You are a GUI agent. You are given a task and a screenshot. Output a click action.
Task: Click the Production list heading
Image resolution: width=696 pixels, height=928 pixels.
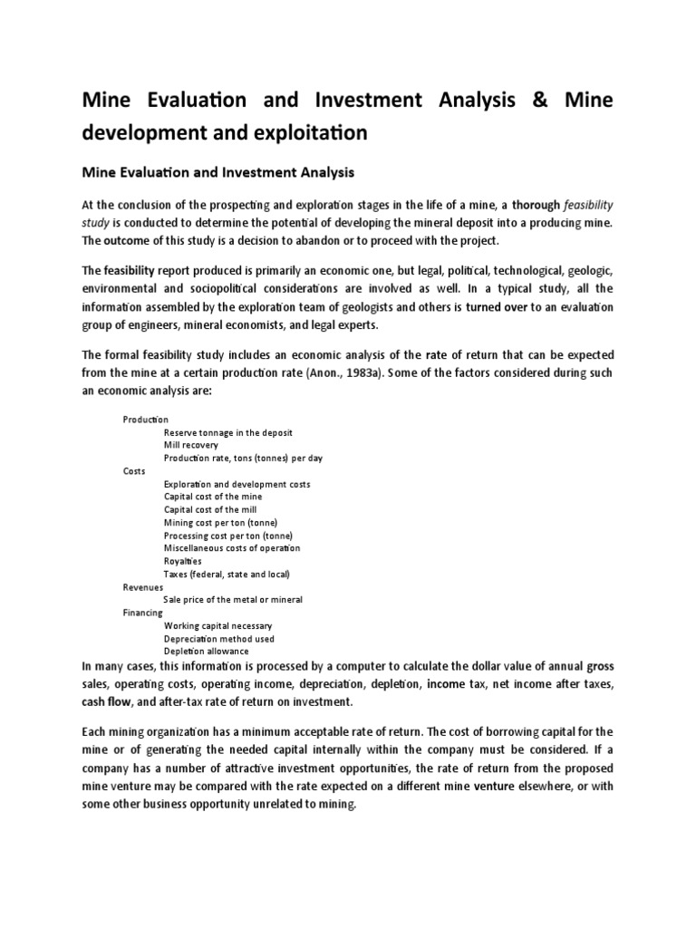click(146, 420)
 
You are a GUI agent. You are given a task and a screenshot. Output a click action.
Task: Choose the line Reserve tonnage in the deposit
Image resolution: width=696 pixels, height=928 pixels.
click(227, 432)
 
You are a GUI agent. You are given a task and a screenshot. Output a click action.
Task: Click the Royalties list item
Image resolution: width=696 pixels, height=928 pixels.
click(184, 561)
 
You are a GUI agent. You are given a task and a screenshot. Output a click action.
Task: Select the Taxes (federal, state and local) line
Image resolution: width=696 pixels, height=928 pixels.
click(227, 574)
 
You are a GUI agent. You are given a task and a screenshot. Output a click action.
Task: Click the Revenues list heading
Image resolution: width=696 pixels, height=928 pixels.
click(143, 586)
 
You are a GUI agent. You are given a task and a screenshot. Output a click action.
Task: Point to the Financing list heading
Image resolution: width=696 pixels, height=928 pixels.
click(143, 613)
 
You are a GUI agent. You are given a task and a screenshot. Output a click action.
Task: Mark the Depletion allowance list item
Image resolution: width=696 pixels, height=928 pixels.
click(206, 651)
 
